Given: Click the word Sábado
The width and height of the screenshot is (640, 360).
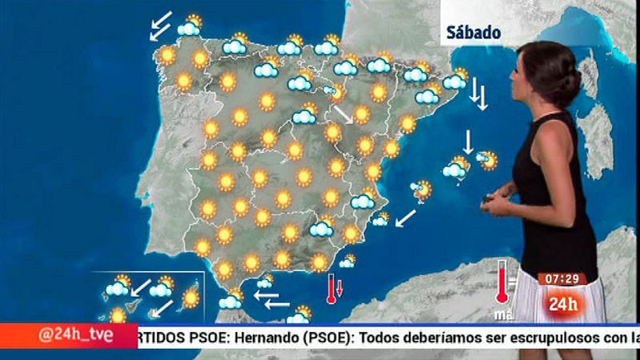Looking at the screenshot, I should pyautogui.click(x=475, y=33).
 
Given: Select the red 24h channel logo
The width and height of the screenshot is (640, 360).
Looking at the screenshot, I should pyautogui.click(x=563, y=303).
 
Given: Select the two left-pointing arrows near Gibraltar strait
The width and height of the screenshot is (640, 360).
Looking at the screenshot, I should pyautogui.click(x=272, y=299).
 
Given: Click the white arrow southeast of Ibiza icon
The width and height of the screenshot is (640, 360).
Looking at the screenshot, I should pyautogui.click(x=406, y=217).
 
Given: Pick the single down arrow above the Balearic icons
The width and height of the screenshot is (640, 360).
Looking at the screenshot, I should pyautogui.click(x=468, y=140).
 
